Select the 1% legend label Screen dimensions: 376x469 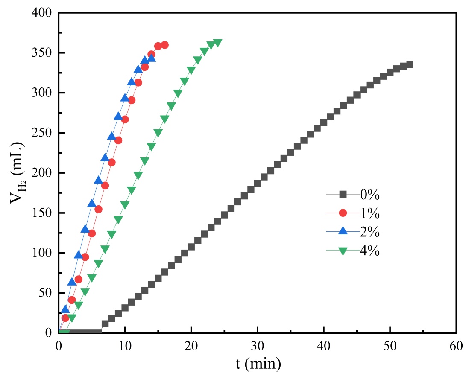tap(370, 213)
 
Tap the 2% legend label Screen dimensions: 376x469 tap(370, 232)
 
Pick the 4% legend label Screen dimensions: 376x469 tap(370, 251)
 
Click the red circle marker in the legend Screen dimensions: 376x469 tap(343, 213)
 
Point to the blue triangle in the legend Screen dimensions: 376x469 tap(343, 232)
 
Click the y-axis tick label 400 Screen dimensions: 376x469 tap(41, 13)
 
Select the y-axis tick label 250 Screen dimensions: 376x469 tap(41, 133)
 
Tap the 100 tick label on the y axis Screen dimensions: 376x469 tap(41, 253)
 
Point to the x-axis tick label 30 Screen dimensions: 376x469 tap(258, 346)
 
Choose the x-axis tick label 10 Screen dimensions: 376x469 tap(125, 346)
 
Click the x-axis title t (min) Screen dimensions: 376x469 tap(258, 363)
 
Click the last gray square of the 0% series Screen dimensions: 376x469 tap(410, 64)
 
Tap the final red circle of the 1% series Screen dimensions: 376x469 tap(164, 45)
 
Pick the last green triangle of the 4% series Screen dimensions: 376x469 tap(217, 43)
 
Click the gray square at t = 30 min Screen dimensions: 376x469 tap(258, 183)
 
